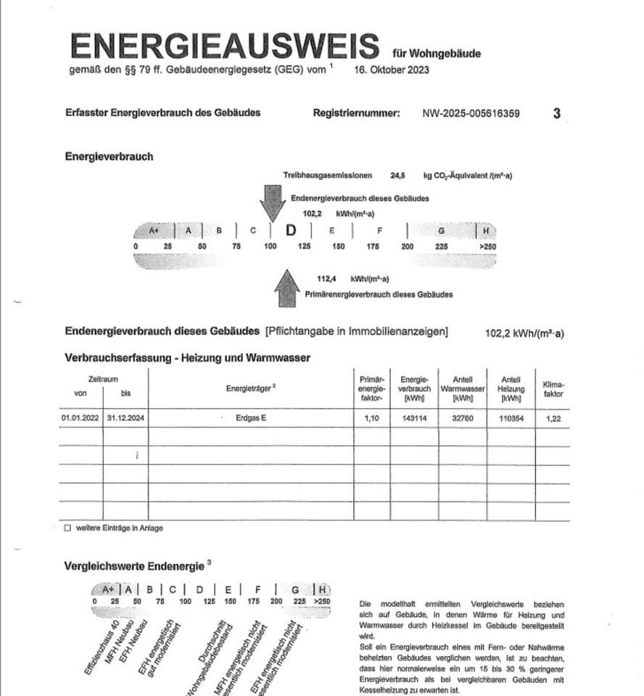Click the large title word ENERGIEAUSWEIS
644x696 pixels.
click(225, 46)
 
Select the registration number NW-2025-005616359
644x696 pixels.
click(471, 114)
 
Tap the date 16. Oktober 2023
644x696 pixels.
click(392, 70)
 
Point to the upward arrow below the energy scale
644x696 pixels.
click(287, 289)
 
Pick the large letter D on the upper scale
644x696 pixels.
click(291, 231)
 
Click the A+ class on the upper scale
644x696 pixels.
click(154, 231)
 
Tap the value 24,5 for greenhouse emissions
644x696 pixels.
click(397, 175)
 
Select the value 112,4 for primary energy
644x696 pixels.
click(328, 279)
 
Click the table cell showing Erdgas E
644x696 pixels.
click(251, 418)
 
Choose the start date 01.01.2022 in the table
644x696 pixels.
click(80, 418)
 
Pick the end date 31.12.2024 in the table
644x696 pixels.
click(125, 418)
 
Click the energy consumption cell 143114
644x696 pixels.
click(414, 418)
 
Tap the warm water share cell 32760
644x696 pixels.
click(463, 418)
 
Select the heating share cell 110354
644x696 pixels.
click(511, 418)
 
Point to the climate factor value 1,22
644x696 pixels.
click(553, 418)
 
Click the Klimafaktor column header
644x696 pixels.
click(553, 389)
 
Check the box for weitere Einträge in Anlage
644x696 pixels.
click(67, 529)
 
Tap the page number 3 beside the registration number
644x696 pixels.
click(557, 114)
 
